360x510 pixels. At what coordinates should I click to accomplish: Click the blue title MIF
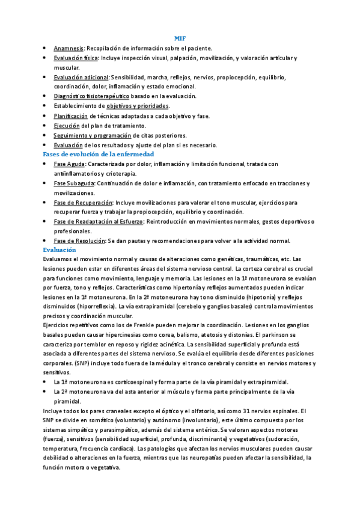180,38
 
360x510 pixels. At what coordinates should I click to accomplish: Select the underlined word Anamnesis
68,48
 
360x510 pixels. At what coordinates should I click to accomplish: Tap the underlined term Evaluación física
76,58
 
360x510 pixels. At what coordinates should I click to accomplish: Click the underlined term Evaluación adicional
81,77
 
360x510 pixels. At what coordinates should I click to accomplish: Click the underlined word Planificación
70,115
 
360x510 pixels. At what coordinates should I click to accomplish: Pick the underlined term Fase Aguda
69,164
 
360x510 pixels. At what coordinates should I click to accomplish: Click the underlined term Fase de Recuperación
83,203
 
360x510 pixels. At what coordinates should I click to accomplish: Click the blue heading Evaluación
59,249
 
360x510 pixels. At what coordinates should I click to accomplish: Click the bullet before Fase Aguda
46,164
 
